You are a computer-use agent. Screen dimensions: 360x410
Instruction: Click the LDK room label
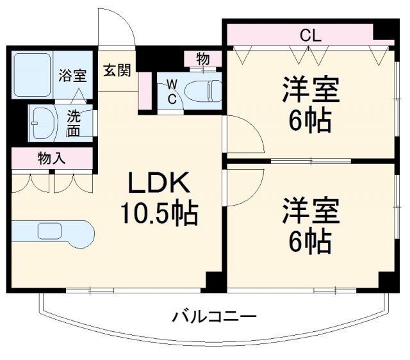point(159,184)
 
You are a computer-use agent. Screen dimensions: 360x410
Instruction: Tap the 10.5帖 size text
point(159,212)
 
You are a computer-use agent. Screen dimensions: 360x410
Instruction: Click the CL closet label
point(310,36)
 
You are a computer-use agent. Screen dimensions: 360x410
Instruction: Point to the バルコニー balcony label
point(214,316)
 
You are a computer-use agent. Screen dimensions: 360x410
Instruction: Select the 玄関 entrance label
point(117,70)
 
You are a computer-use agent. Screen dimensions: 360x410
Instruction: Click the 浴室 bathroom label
point(72,75)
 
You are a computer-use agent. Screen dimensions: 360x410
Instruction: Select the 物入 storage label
point(52,158)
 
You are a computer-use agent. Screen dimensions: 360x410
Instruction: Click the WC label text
point(172,90)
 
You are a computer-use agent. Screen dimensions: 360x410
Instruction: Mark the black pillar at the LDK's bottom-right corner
point(215,281)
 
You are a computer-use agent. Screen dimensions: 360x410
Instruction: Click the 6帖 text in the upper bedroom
point(310,120)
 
